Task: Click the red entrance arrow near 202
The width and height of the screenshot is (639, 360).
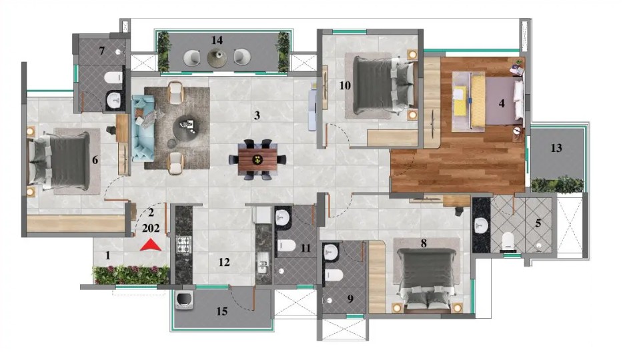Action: point(150,245)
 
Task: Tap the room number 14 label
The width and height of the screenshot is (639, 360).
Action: point(217,40)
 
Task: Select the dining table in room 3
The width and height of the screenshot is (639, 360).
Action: point(257,159)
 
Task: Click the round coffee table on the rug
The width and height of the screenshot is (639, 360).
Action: point(187,128)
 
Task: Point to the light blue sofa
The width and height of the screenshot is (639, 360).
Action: point(142,128)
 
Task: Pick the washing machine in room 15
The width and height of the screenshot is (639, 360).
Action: point(184,301)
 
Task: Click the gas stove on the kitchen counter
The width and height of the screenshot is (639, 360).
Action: point(183,245)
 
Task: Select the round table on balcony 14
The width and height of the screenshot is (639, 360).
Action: point(217,57)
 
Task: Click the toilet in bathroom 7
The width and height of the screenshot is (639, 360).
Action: point(113,77)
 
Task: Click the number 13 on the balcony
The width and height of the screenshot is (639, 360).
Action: point(556,148)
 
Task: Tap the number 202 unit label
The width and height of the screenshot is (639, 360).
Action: point(150,228)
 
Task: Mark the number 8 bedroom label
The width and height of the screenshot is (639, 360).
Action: point(424,243)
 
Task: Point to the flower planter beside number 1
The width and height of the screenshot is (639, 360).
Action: point(131,275)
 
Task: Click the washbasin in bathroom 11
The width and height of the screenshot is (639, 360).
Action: point(282,218)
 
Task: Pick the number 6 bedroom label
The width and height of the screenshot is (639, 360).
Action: point(95,159)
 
